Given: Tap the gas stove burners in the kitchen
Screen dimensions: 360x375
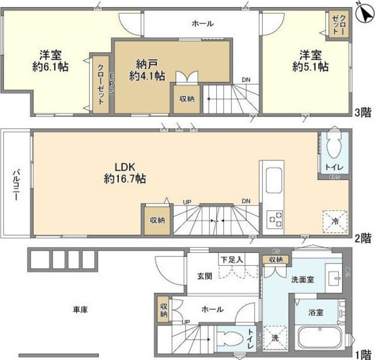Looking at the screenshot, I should coord(274,220).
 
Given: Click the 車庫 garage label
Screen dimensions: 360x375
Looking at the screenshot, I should coord(80,309).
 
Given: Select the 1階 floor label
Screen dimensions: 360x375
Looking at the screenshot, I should coord(362,354).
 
